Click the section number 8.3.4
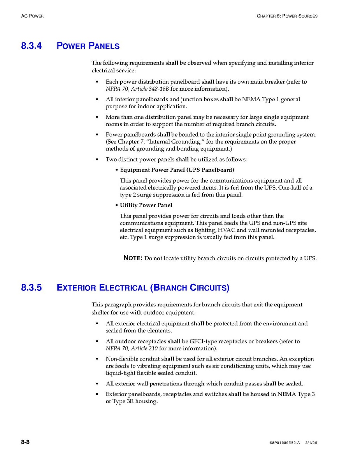coord(31,46)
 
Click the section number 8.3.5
coord(31,288)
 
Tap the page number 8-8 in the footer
coord(25,442)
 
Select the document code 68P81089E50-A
coord(284,443)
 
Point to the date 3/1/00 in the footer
coord(311,443)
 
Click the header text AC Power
coord(32,16)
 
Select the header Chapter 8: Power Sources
coord(287,16)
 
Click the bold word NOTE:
coord(133,258)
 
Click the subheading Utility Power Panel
coord(146,205)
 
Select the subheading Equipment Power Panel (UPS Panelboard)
coord(177,170)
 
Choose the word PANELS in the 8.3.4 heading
coord(104,46)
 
